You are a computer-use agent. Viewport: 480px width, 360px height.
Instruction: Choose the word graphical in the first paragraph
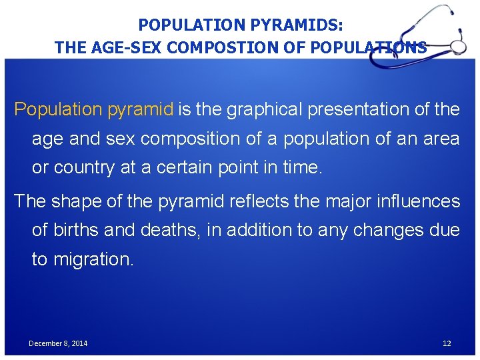coord(267,109)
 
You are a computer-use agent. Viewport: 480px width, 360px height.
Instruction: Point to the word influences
coord(414,201)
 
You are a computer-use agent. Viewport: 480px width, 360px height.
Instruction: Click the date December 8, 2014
coord(58,343)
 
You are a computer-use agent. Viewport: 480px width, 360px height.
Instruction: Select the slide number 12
coord(447,343)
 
